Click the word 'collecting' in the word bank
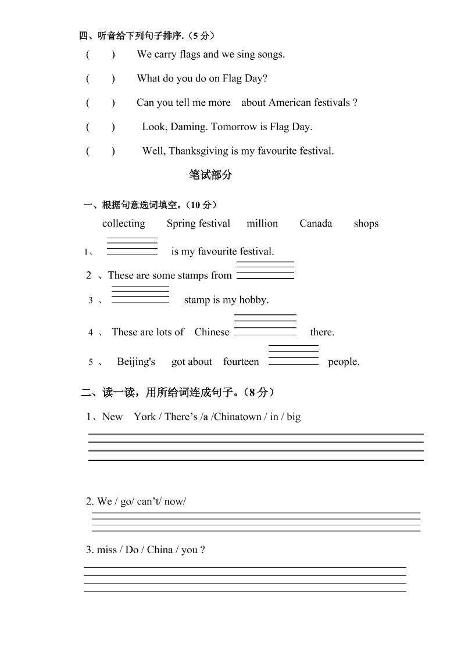pos(123,224)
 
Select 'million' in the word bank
pos(262,224)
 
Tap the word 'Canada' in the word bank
pos(316,224)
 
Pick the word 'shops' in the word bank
pos(366,224)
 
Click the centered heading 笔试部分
pos(210,175)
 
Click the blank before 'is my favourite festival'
pos(132,246)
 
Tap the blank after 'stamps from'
pos(265,270)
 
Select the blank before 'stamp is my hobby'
pos(140,294)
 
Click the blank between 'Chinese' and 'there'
pos(265,325)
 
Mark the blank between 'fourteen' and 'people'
pos(294,355)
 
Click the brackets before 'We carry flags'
pos(101,55)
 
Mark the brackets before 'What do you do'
pos(101,78)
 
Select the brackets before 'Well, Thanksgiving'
pos(101,151)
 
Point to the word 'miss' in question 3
pos(108,550)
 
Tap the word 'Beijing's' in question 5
pos(136,362)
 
